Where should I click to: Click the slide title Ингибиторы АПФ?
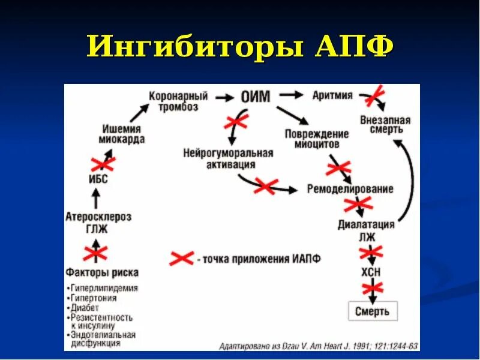click(x=240, y=47)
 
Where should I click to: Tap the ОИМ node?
click(x=256, y=97)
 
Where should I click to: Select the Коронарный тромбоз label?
click(x=178, y=101)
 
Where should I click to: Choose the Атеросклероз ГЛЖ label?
click(x=98, y=222)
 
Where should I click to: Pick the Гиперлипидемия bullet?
click(x=103, y=288)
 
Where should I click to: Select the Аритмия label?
click(x=332, y=95)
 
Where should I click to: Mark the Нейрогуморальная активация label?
click(x=228, y=158)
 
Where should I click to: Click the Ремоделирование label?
click(x=350, y=189)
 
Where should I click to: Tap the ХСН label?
click(x=370, y=272)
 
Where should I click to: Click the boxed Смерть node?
click(x=372, y=311)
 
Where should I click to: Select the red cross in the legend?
click(x=182, y=259)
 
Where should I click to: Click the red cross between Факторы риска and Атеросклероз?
click(x=95, y=253)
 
